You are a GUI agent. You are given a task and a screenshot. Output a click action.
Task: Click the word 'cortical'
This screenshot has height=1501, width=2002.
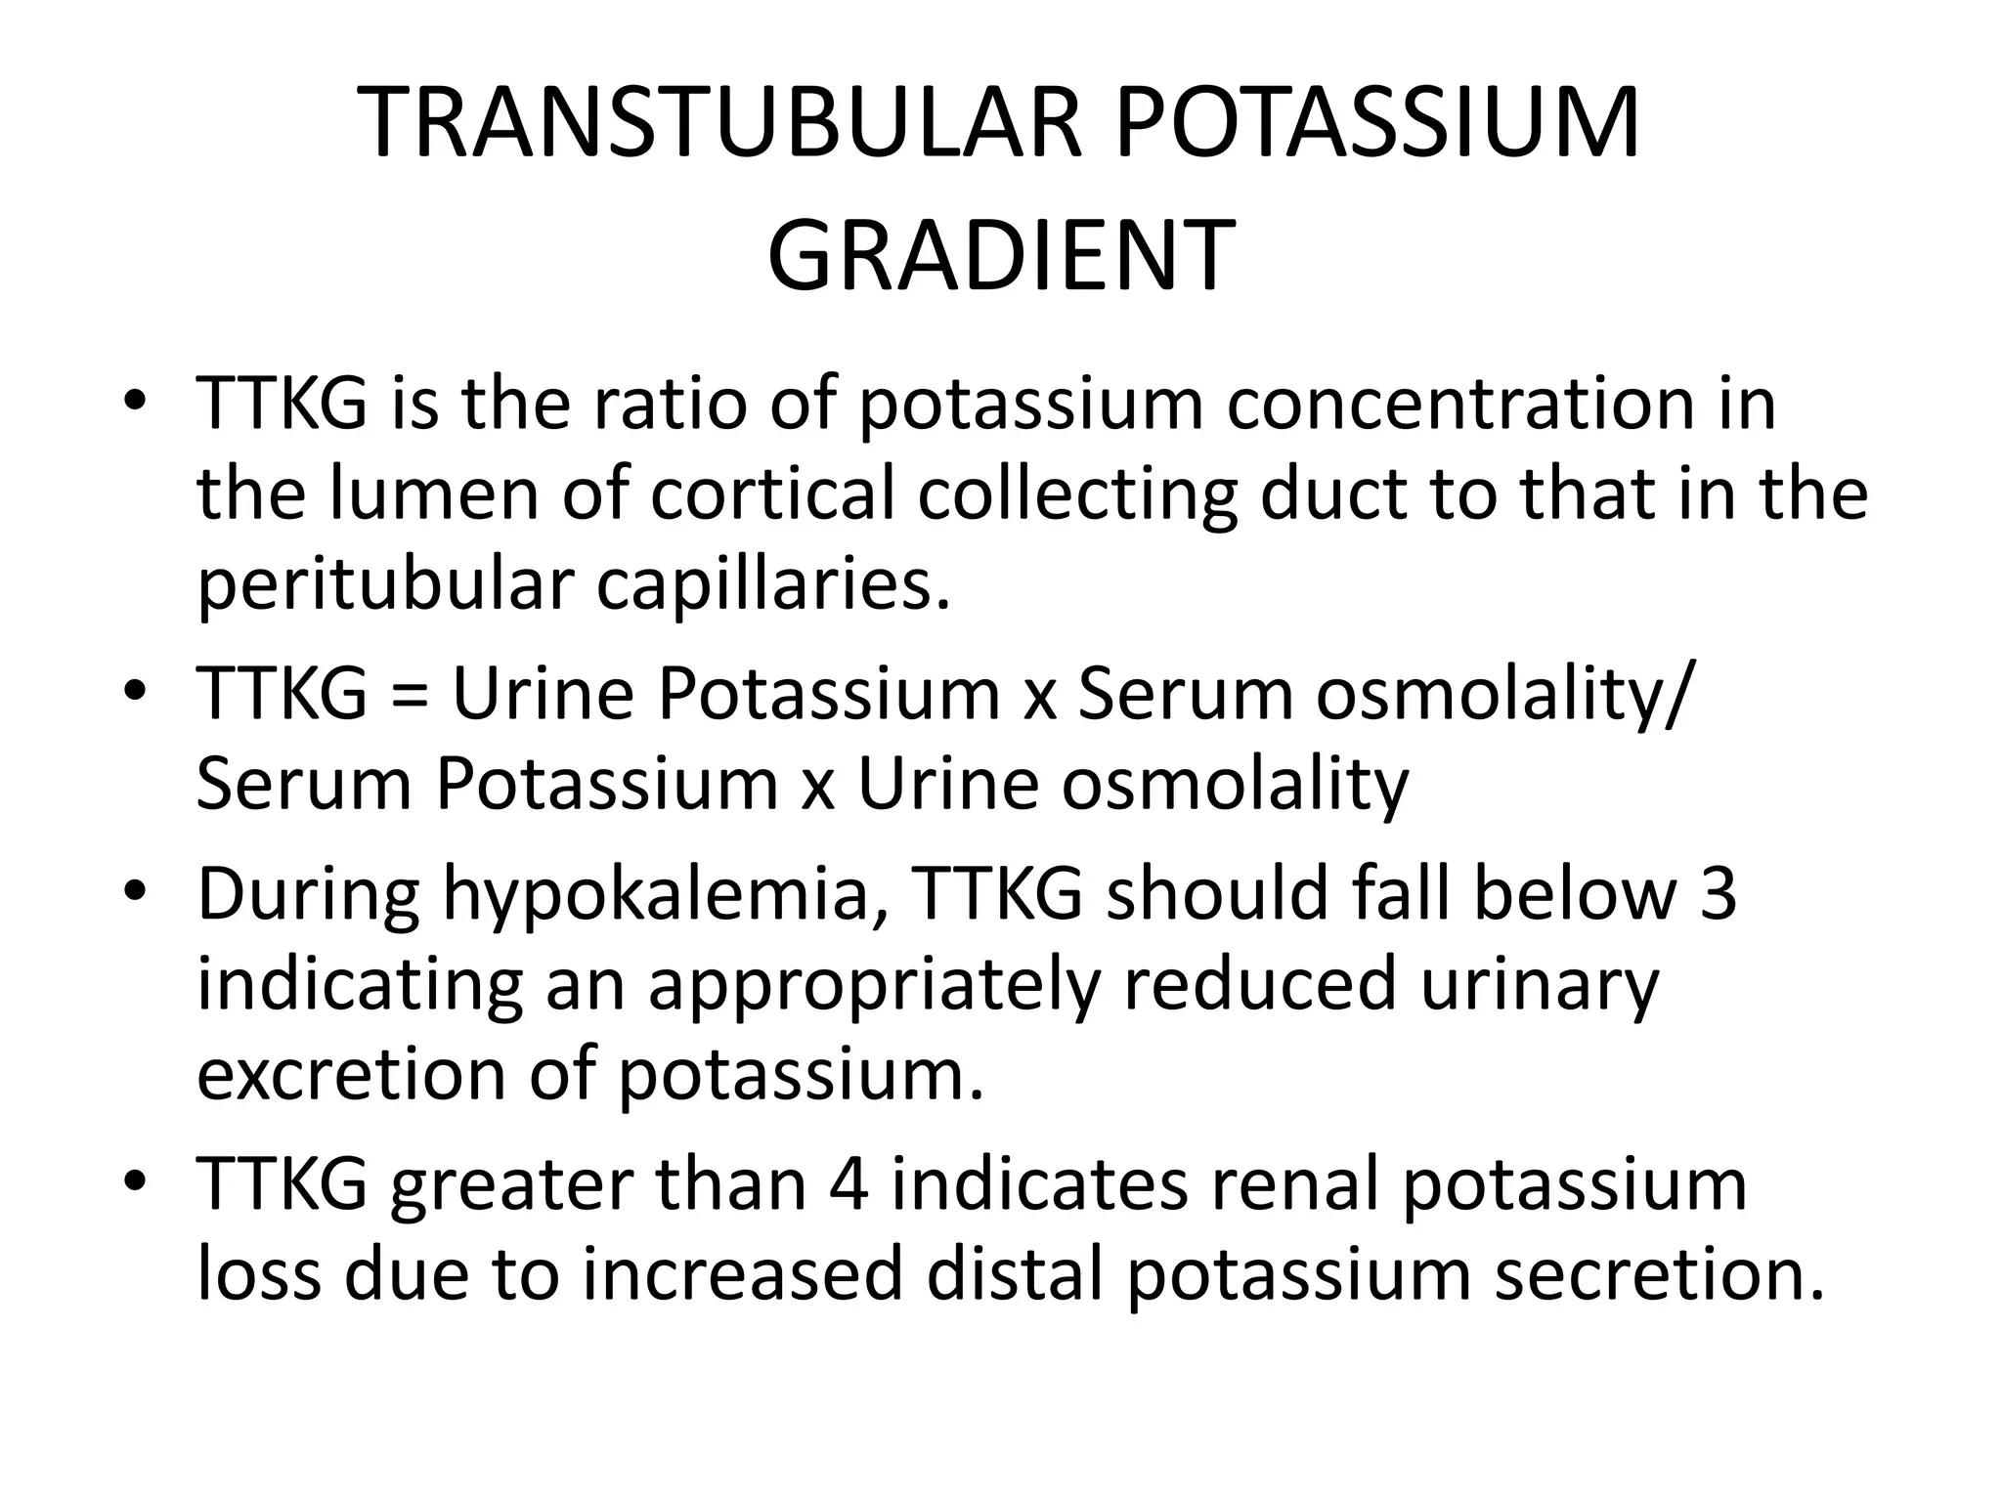coord(772,493)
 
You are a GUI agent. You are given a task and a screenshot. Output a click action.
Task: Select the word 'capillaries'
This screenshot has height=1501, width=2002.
coord(773,585)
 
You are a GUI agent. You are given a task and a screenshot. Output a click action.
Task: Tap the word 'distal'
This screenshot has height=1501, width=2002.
coord(1013,1273)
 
